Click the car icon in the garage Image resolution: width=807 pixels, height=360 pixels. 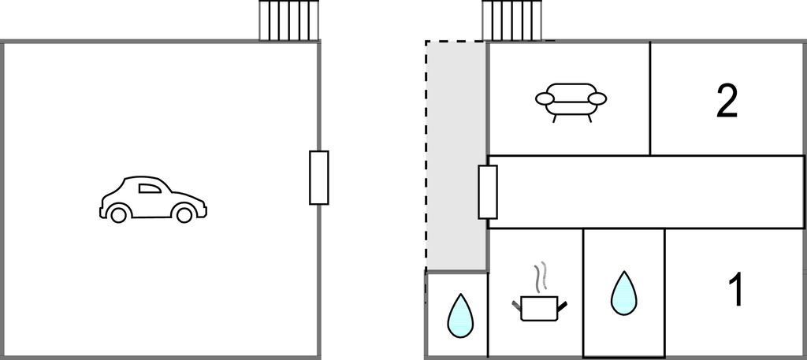click(x=153, y=199)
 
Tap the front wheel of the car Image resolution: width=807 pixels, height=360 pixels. click(x=184, y=213)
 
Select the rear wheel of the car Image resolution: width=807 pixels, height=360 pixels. click(x=118, y=213)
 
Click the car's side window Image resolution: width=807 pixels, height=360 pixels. click(x=150, y=187)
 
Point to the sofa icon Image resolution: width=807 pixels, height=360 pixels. click(x=571, y=101)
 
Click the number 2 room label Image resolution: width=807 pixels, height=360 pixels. click(x=727, y=101)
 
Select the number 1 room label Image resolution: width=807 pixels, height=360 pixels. click(x=735, y=291)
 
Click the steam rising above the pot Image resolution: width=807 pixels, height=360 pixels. click(x=539, y=277)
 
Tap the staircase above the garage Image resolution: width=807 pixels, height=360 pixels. click(x=290, y=20)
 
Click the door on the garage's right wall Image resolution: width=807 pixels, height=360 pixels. click(x=318, y=177)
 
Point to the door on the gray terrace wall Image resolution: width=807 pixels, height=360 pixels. click(x=488, y=191)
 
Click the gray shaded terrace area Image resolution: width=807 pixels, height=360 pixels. click(x=456, y=150)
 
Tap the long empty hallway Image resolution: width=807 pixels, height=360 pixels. click(x=646, y=191)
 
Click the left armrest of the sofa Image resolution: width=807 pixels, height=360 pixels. click(x=545, y=98)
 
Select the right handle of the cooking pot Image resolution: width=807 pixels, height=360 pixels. click(x=562, y=304)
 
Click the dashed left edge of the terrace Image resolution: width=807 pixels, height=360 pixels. click(x=426, y=158)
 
